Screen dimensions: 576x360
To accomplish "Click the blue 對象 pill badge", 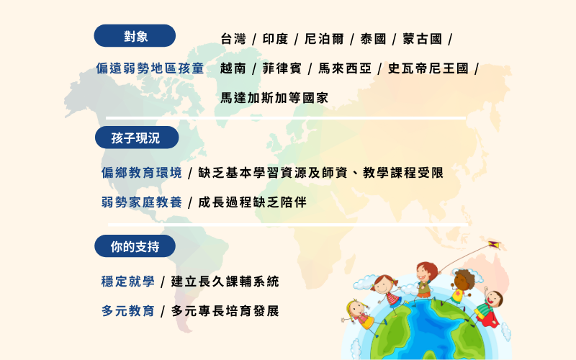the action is (135, 35).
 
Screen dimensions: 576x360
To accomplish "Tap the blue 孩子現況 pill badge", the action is (137, 138).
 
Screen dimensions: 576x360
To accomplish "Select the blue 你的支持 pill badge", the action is (135, 246).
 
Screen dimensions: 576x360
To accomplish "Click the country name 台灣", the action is (233, 39).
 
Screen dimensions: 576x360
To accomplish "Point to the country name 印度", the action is (275, 39).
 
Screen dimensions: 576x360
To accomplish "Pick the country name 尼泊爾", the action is (324, 39).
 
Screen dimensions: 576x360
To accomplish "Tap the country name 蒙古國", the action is (422, 39).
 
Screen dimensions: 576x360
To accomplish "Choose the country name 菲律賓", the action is (282, 68).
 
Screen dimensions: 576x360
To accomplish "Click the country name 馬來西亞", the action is (345, 68).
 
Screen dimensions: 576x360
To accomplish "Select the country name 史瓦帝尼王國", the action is (428, 68).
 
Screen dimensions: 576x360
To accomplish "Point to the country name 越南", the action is (233, 68).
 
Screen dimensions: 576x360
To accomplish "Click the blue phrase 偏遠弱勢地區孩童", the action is (150, 68).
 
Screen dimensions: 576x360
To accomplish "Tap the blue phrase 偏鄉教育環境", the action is (142, 173).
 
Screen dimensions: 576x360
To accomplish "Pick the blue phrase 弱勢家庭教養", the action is (142, 202).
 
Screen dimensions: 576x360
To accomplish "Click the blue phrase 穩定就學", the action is (128, 282).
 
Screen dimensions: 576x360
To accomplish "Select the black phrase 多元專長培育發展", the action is (225, 311).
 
